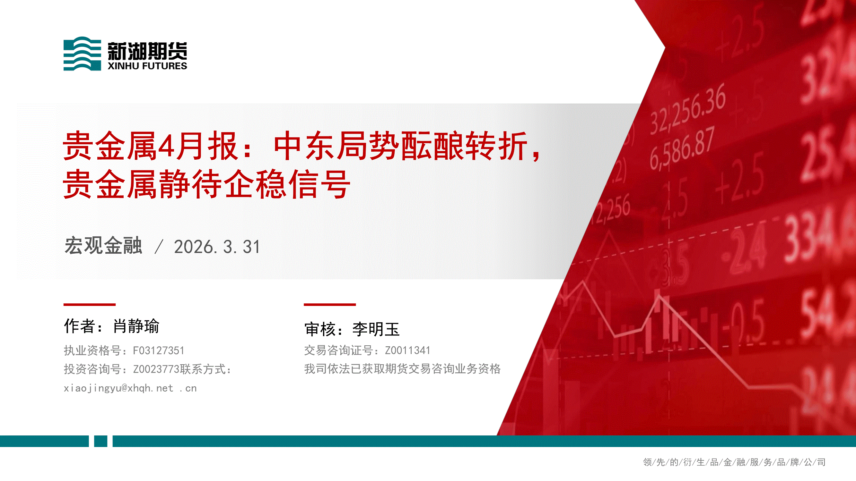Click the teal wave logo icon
82,54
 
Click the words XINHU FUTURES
147,66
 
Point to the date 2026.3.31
217,247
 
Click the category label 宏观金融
103,246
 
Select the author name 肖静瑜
136,326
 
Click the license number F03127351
159,350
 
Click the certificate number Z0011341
407,350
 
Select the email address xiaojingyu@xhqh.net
118,388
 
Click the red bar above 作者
89,304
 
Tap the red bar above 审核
330,304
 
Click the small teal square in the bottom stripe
101,441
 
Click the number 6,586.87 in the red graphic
682,148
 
